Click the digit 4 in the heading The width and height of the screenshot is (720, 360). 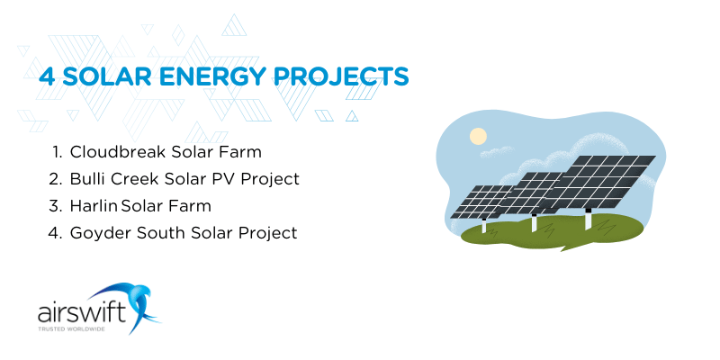(x=46, y=76)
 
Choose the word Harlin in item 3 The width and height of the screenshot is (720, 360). (x=94, y=206)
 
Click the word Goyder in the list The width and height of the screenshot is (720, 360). (x=99, y=233)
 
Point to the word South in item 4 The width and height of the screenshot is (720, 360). (x=156, y=233)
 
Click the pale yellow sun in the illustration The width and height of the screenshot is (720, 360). (x=478, y=136)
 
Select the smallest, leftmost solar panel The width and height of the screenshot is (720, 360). (x=480, y=202)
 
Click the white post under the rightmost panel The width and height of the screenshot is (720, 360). (x=589, y=220)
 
